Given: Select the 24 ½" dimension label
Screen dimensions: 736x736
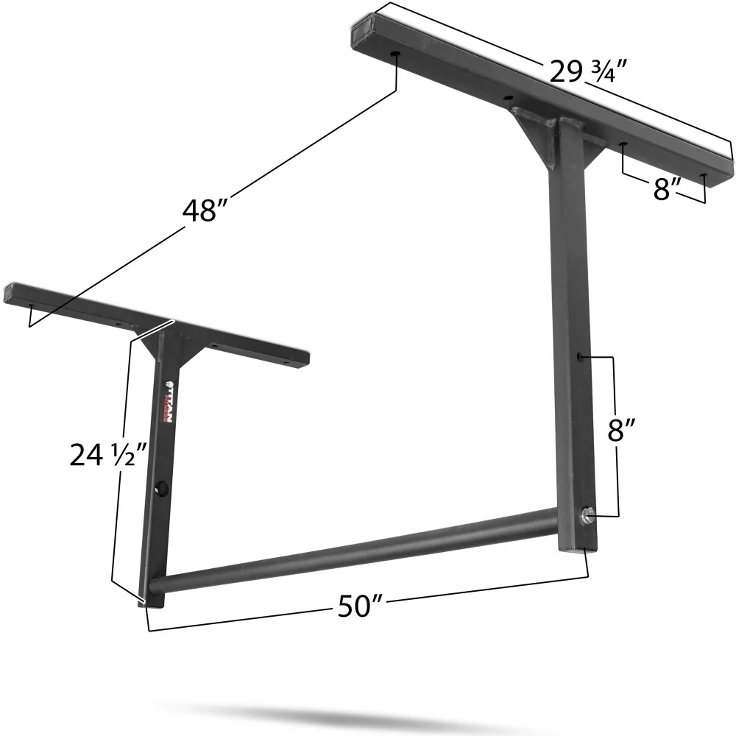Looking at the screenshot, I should pyautogui.click(x=99, y=456).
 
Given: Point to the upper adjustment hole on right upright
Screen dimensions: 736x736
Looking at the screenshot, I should pyautogui.click(x=581, y=356).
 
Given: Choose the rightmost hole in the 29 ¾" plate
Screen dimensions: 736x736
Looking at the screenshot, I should pyautogui.click(x=704, y=177).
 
